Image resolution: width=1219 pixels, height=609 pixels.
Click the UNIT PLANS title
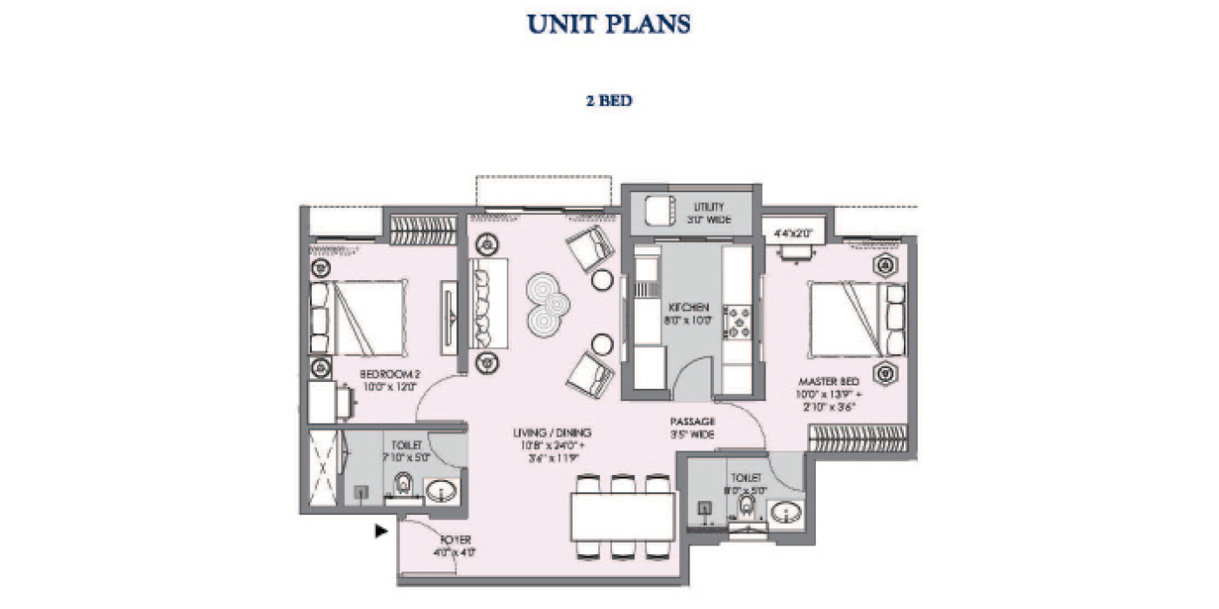pos(609,23)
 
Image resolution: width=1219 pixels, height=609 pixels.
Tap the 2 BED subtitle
pos(609,101)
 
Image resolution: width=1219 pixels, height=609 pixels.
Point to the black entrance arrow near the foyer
pos(381,530)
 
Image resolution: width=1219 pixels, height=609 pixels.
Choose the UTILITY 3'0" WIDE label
pos(708,213)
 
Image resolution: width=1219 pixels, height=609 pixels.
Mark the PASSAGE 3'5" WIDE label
pos(693,427)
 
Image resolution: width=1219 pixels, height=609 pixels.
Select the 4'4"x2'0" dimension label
pos(792,232)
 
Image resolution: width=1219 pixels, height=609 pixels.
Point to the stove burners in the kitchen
pos(737,319)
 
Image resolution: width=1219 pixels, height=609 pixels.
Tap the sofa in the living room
pos(484,302)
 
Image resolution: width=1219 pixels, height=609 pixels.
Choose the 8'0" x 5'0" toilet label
pos(746,484)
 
